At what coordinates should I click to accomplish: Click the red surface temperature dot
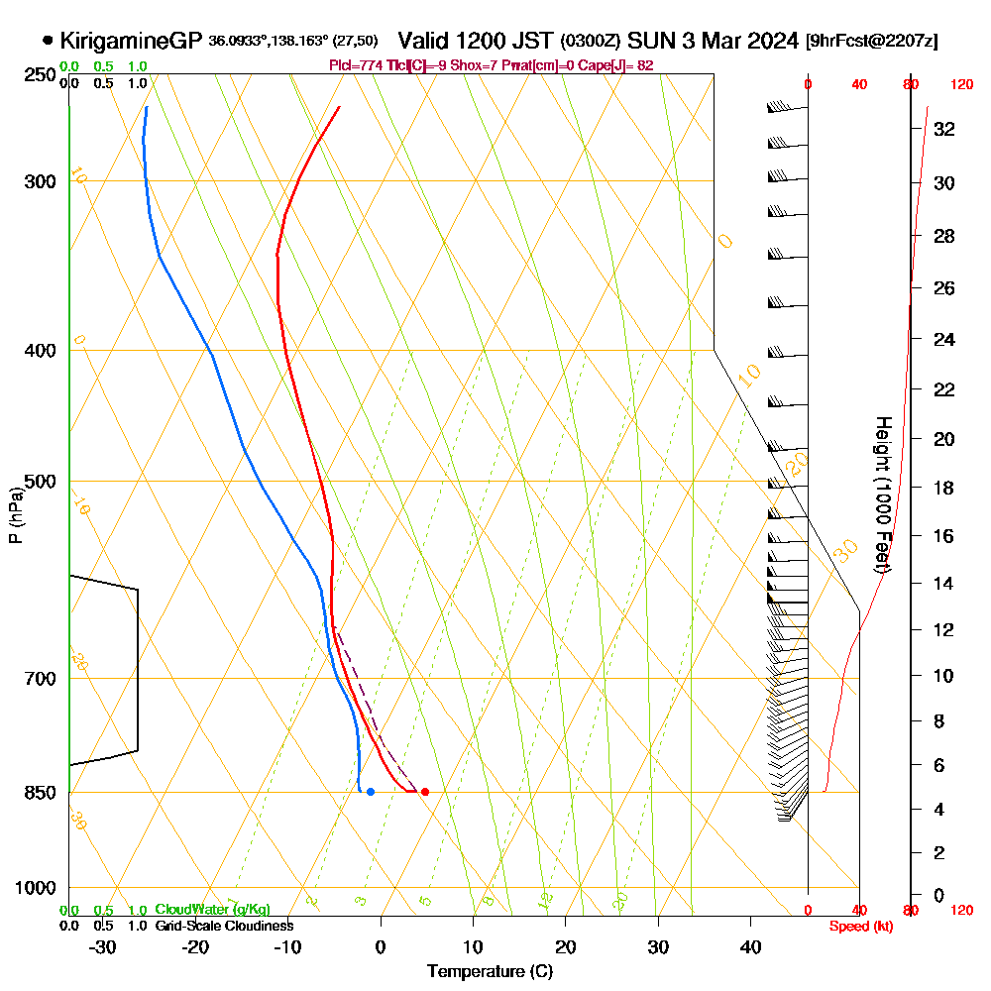[425, 791]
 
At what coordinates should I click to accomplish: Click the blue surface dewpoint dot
[370, 791]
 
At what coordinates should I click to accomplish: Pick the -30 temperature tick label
[102, 946]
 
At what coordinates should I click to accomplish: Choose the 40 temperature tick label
[750, 946]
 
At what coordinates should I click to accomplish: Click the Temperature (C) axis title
[490, 971]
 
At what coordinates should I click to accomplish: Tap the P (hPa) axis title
[15, 515]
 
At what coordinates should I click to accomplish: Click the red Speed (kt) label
[858, 926]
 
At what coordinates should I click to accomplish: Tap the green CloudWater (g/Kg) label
[212, 910]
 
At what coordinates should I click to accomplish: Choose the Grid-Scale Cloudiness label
[224, 926]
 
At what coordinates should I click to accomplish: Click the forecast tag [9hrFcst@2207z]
[873, 41]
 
